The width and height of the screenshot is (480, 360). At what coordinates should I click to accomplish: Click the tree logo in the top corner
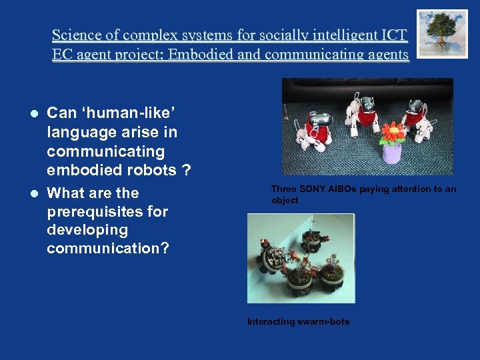pyautogui.click(x=442, y=33)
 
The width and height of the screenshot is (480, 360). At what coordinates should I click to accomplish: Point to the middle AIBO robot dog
pyautogui.click(x=359, y=117)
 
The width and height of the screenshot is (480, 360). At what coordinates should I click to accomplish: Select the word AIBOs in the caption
pyautogui.click(x=343, y=189)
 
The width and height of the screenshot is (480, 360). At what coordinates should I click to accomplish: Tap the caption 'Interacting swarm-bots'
pyautogui.click(x=298, y=321)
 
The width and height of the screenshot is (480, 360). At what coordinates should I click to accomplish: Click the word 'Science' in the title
pyautogui.click(x=76, y=35)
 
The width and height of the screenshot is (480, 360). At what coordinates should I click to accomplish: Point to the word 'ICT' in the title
pyautogui.click(x=393, y=35)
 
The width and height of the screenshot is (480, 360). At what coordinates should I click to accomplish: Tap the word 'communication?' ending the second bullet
pyautogui.click(x=108, y=249)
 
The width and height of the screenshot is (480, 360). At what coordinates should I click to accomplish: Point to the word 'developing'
pyautogui.click(x=87, y=230)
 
